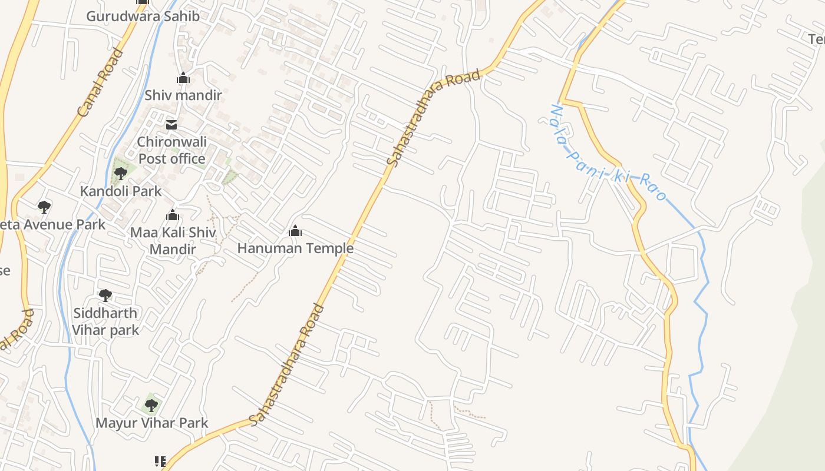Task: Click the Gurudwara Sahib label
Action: pos(143,16)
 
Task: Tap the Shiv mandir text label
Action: pos(183,95)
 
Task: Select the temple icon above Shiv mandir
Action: pos(183,78)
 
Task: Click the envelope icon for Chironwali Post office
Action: pos(171,124)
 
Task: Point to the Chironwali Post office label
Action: pos(171,150)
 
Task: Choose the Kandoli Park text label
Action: pos(121,191)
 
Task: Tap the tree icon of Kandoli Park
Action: pos(121,174)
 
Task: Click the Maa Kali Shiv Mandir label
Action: pos(173,240)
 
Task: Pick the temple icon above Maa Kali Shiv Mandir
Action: pos(173,215)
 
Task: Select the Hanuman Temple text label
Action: pos(295,248)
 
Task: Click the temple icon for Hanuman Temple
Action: pos(295,231)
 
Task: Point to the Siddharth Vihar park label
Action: pos(105,321)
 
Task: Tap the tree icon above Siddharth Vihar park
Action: pos(105,295)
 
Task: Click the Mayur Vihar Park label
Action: pos(152,423)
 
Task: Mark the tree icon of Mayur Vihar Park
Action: pos(151,405)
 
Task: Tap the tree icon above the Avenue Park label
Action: pos(44,207)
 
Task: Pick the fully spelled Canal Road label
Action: pos(101,82)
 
